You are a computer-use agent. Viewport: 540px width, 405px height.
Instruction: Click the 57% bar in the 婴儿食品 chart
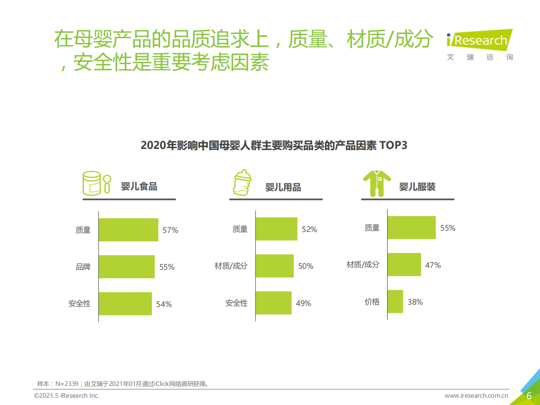tap(128, 230)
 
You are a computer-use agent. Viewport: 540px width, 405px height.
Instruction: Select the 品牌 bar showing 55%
tap(127, 267)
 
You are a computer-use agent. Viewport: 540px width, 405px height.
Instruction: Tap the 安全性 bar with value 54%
tap(125, 303)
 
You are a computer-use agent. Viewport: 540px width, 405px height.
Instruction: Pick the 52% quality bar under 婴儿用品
tap(276, 229)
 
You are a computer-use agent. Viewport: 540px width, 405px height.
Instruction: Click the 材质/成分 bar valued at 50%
tap(275, 266)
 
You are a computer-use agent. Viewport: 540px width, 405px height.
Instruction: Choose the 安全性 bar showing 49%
tap(274, 303)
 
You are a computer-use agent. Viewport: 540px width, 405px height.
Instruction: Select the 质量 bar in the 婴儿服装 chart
tap(412, 227)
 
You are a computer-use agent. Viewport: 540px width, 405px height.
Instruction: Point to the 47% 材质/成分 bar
tap(404, 264)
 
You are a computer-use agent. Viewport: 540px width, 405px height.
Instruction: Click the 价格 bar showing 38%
tap(395, 301)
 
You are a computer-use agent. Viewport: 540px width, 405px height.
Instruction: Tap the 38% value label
tap(415, 301)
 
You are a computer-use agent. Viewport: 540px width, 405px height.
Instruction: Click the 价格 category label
tap(372, 301)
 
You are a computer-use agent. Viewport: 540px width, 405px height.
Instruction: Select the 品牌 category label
tap(83, 267)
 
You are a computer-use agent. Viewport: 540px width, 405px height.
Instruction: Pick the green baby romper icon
tap(377, 183)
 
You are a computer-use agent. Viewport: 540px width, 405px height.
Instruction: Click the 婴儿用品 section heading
tap(283, 187)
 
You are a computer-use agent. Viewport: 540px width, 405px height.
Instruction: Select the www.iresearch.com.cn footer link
tap(476, 395)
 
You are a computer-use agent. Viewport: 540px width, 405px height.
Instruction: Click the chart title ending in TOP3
tap(274, 145)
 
